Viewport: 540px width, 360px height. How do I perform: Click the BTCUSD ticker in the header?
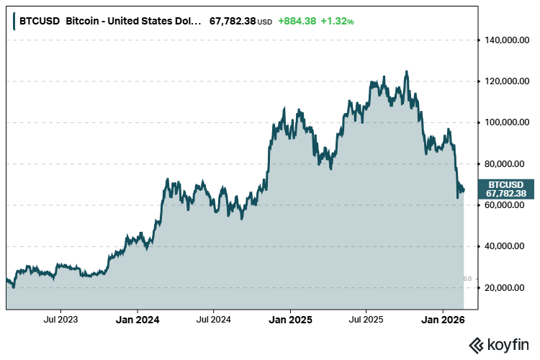point(39,21)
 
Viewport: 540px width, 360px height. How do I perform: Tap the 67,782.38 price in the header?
point(233,21)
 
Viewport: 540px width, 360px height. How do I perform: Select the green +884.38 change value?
point(297,21)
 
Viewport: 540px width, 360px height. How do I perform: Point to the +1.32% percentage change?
point(337,21)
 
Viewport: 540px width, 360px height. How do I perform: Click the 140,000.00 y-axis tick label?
point(504,40)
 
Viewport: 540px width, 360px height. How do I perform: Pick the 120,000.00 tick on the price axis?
point(504,81)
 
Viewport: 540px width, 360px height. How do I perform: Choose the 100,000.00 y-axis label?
point(504,122)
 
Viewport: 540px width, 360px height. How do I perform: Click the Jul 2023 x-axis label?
point(61,318)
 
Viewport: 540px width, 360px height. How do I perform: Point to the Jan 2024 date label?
point(138,318)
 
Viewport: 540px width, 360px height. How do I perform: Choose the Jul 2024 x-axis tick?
point(213,318)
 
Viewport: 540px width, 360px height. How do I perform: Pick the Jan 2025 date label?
point(290,318)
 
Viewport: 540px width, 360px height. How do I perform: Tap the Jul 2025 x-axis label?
point(365,318)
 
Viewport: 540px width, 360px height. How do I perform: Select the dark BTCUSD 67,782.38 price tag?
point(506,189)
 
